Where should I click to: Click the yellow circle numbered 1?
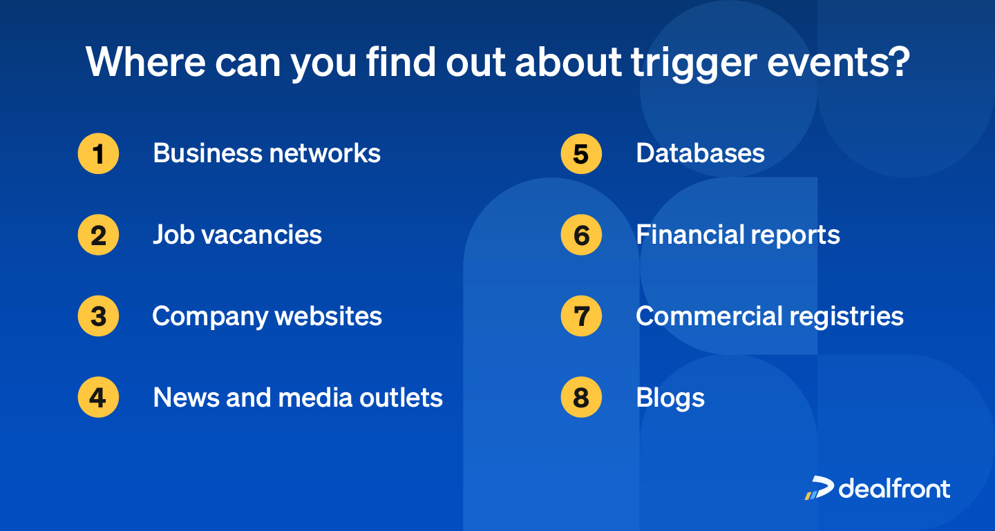click(x=98, y=153)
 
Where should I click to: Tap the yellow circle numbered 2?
click(x=98, y=235)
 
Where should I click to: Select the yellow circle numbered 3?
click(x=98, y=316)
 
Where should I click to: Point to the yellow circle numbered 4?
click(x=98, y=398)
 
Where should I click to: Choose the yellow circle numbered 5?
click(x=581, y=153)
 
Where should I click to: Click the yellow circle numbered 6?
click(x=581, y=235)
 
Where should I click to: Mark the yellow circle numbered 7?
click(x=581, y=316)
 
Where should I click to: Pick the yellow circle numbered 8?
click(x=581, y=398)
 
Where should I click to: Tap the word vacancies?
click(x=271, y=235)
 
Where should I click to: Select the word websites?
click(x=328, y=316)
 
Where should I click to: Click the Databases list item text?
click(x=700, y=153)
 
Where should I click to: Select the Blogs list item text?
click(x=670, y=398)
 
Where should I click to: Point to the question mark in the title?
click(x=898, y=61)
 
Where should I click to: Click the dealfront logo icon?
click(x=819, y=487)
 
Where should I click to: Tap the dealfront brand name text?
click(x=895, y=487)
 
